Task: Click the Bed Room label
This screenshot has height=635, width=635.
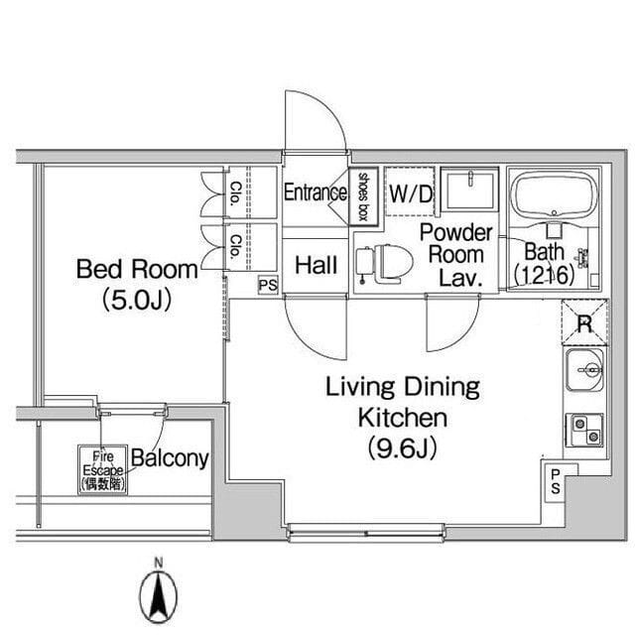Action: click(x=137, y=269)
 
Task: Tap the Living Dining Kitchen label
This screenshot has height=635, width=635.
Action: click(x=403, y=402)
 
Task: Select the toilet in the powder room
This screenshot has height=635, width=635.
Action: click(x=384, y=264)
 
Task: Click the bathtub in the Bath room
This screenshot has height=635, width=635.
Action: click(x=554, y=195)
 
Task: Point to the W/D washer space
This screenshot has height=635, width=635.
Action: click(x=410, y=191)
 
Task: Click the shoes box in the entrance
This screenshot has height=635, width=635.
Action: click(x=364, y=196)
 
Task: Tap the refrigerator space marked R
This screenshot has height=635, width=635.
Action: click(x=584, y=322)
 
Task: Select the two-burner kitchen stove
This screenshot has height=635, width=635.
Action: click(x=584, y=430)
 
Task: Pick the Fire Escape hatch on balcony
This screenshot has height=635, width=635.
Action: click(x=103, y=469)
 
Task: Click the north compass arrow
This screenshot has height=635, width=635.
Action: click(x=159, y=596)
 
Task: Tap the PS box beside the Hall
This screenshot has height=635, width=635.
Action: click(x=268, y=285)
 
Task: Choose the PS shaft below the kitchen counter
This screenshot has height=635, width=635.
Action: click(x=556, y=482)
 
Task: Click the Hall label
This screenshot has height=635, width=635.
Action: click(x=316, y=265)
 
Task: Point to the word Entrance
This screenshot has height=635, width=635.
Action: click(x=316, y=191)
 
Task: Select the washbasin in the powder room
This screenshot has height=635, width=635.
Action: click(x=469, y=190)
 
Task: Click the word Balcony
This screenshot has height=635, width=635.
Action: click(x=170, y=458)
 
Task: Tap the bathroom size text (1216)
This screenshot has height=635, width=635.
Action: click(x=545, y=275)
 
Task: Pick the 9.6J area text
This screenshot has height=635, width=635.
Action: click(x=403, y=448)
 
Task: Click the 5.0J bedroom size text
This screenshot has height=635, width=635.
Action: click(x=137, y=300)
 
